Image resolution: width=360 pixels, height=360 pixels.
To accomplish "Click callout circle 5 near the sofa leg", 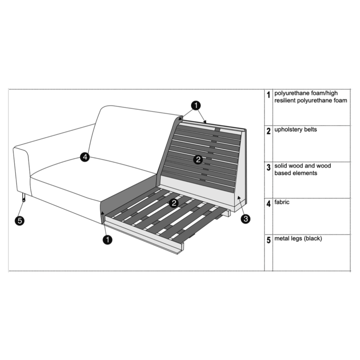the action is point(20,221).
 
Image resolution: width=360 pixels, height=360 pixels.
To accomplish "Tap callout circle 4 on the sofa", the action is point(85,157).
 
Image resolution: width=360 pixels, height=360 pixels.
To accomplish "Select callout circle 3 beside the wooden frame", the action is point(246,219).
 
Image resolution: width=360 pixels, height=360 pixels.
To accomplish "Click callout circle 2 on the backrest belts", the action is point(198,159).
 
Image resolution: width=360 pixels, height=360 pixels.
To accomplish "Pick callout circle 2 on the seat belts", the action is point(174,203).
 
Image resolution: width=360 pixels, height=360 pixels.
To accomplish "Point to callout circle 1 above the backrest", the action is point(196,106).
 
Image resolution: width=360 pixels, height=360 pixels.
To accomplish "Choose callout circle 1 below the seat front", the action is point(108,240).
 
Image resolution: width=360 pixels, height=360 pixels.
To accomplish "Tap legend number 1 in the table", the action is point(268,94).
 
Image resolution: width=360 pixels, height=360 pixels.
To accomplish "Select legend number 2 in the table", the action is point(268,131).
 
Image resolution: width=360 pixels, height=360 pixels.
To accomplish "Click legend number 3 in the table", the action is point(268,167).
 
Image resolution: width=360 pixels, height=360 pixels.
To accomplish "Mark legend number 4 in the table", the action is point(268,204).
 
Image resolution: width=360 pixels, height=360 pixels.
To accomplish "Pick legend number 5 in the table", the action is point(268,240).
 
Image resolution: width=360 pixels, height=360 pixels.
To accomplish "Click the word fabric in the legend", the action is point(282,202).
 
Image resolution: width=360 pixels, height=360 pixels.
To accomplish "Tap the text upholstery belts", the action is point(296,130).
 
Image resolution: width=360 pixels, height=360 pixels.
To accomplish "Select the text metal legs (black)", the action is point(298,238).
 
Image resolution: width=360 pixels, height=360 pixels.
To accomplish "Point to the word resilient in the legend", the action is point(285,100).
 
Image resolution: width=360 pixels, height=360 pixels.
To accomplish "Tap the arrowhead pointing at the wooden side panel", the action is point(239,198).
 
